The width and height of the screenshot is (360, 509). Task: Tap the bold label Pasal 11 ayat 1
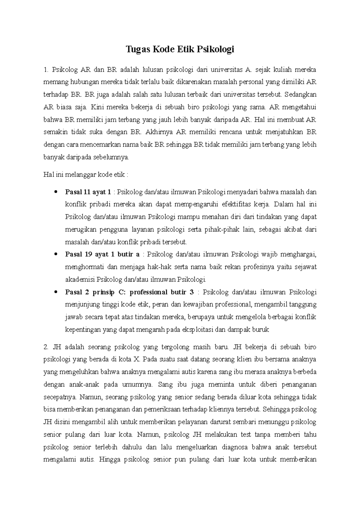coord(88,192)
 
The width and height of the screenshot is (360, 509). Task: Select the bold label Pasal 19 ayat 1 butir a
coord(102,255)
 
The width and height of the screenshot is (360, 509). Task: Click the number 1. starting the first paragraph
coord(46,70)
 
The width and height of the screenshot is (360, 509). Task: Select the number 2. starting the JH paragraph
coord(46,347)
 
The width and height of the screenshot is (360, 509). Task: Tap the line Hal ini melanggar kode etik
coord(86,175)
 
